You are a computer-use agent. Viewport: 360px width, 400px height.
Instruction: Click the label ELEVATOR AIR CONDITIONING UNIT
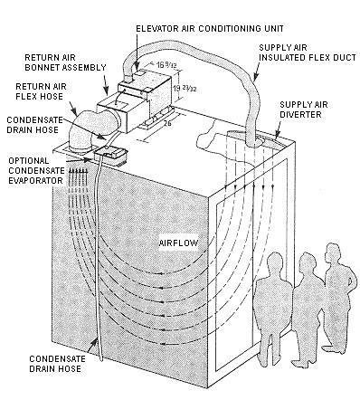coord(210,29)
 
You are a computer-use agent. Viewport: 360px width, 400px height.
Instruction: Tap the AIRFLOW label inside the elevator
coord(179,243)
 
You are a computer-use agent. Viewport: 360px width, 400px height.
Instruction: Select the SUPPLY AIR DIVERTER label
coord(304,110)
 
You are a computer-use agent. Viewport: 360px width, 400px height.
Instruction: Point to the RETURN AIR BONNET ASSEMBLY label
coord(65,62)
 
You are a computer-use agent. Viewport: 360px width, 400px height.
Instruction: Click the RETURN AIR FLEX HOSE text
coord(41,91)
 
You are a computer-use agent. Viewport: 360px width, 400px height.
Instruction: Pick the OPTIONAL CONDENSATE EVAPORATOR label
coord(36,170)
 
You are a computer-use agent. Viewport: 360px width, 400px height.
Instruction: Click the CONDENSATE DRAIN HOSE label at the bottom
coord(57,364)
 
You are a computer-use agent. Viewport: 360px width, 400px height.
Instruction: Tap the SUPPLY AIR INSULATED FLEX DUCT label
coord(308,52)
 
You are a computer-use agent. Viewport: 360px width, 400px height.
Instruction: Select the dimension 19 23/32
coord(185,89)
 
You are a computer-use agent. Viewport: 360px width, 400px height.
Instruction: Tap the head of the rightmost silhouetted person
coord(333,253)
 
